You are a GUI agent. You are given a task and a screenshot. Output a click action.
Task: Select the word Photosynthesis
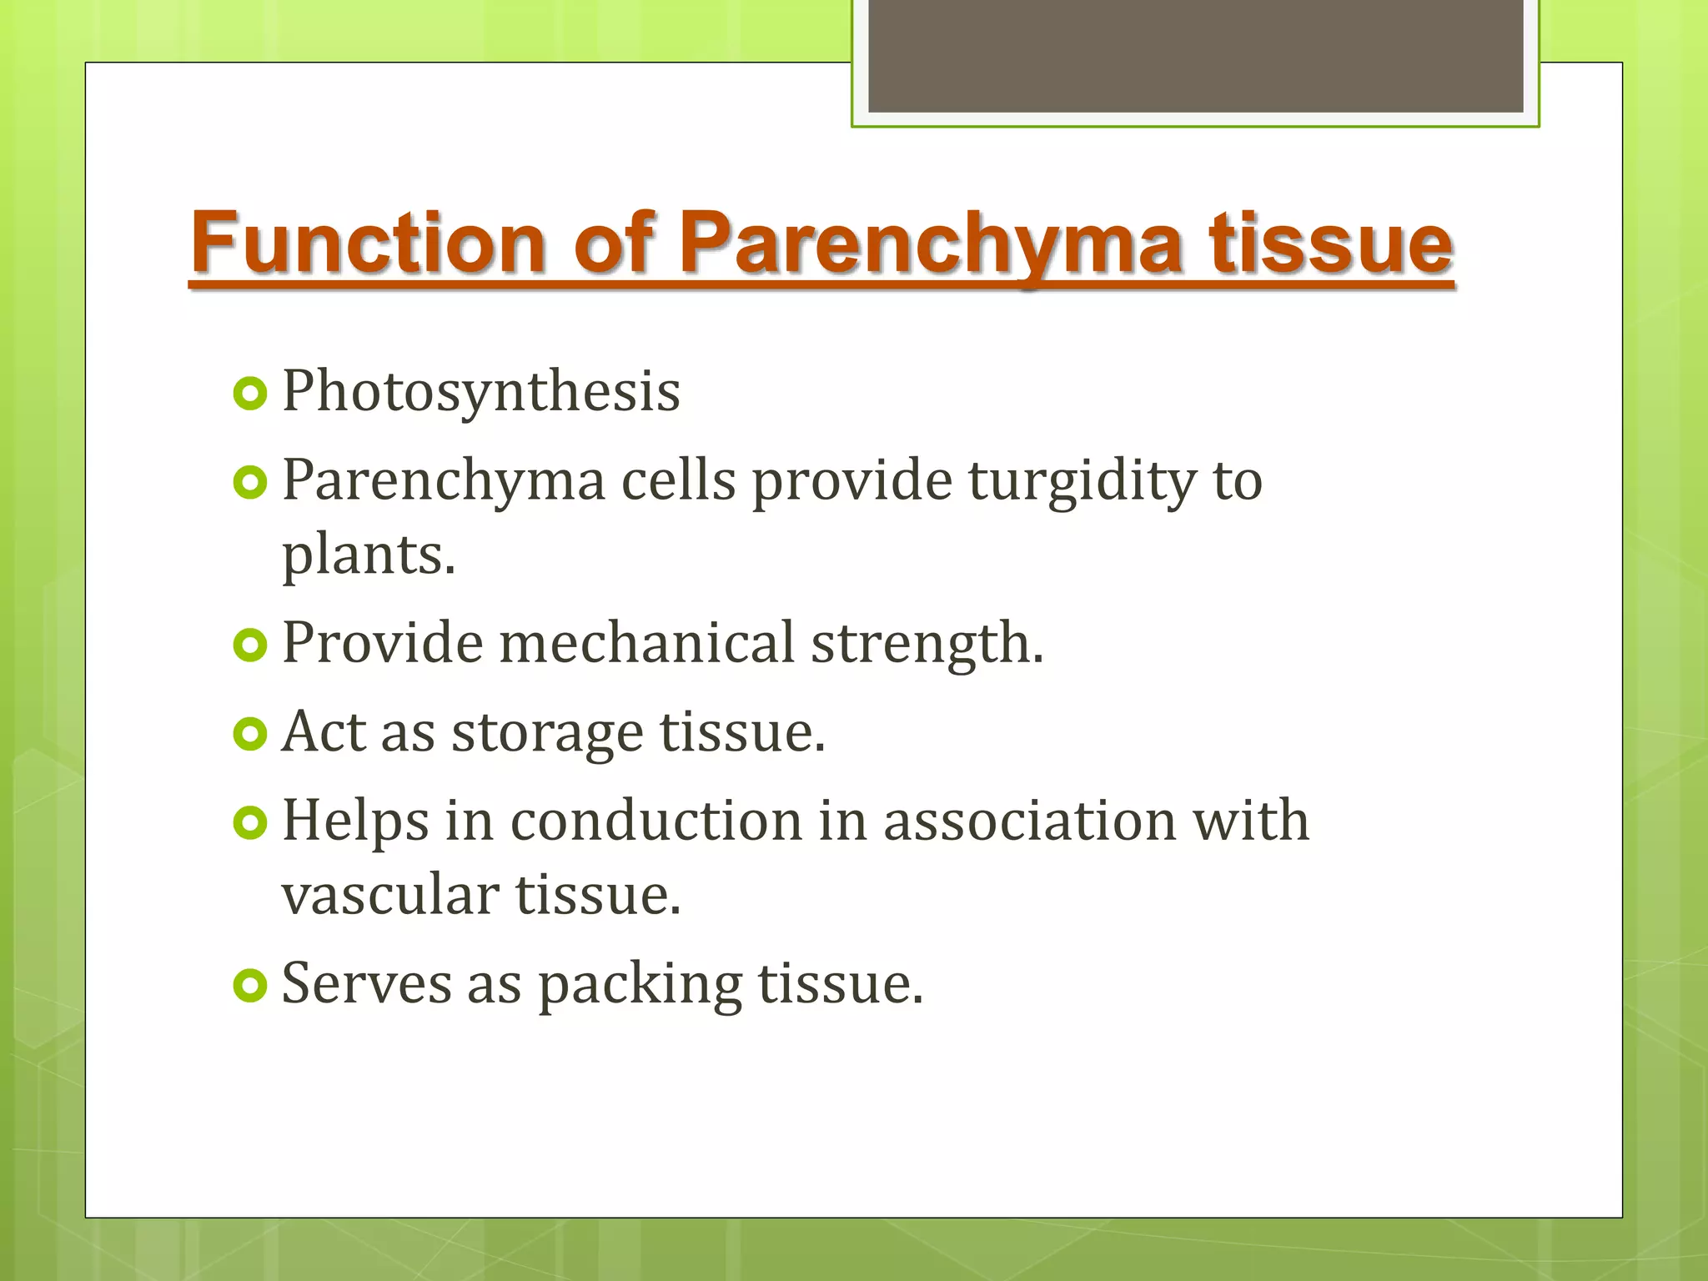click(481, 392)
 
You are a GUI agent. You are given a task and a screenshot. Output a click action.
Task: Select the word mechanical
click(646, 643)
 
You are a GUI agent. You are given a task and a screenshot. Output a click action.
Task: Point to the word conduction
click(656, 821)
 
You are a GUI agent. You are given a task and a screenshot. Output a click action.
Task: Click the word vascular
click(389, 895)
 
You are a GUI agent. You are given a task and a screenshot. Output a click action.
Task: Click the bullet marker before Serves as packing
click(249, 987)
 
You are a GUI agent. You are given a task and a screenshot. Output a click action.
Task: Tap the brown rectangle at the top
click(1196, 56)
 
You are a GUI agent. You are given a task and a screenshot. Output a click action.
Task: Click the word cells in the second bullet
click(678, 481)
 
